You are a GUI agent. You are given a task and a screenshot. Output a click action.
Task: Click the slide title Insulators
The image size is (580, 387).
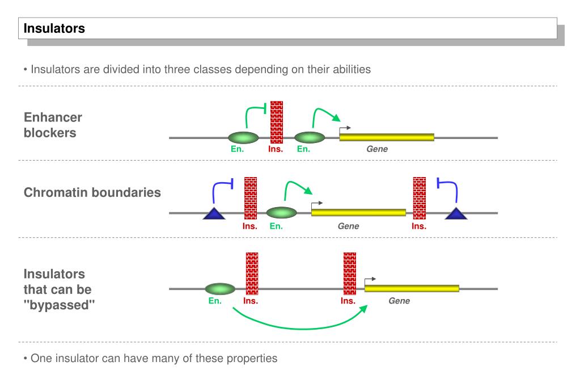[x=54, y=28]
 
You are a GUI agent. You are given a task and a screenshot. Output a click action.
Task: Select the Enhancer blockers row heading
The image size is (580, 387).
[x=53, y=125]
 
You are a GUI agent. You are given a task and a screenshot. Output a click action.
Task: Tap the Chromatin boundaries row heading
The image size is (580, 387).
[x=92, y=192]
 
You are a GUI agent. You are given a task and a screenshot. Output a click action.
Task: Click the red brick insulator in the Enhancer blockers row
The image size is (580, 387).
[x=277, y=123]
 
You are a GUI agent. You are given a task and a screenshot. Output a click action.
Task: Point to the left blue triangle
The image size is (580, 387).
[x=214, y=213]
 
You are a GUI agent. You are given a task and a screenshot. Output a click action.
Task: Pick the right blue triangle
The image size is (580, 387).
[x=456, y=213]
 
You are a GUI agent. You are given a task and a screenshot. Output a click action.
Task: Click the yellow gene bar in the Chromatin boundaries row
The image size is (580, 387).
[x=358, y=213]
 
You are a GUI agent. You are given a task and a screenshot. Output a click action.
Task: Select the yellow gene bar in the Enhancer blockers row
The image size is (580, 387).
[x=387, y=137]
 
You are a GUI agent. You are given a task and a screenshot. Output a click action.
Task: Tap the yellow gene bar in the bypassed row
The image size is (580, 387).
[x=412, y=288]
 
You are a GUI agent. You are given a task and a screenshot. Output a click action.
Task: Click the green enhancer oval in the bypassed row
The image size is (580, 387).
[x=219, y=289]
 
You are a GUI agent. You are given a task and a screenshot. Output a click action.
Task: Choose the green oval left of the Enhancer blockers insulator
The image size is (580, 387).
[x=243, y=137]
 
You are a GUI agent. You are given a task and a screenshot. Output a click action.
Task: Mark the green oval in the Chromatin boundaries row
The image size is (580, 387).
[x=281, y=213]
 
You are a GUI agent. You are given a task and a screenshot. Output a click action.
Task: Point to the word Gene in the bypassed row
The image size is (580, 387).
[x=399, y=301]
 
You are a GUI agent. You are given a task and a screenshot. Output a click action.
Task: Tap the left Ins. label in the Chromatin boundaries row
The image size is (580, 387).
[x=249, y=226]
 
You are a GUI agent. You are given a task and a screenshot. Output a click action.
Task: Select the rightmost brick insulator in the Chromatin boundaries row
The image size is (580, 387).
[x=420, y=198]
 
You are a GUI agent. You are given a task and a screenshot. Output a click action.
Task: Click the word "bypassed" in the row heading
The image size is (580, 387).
[x=60, y=305]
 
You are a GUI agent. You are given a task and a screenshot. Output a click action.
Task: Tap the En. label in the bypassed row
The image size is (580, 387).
[x=215, y=301]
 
